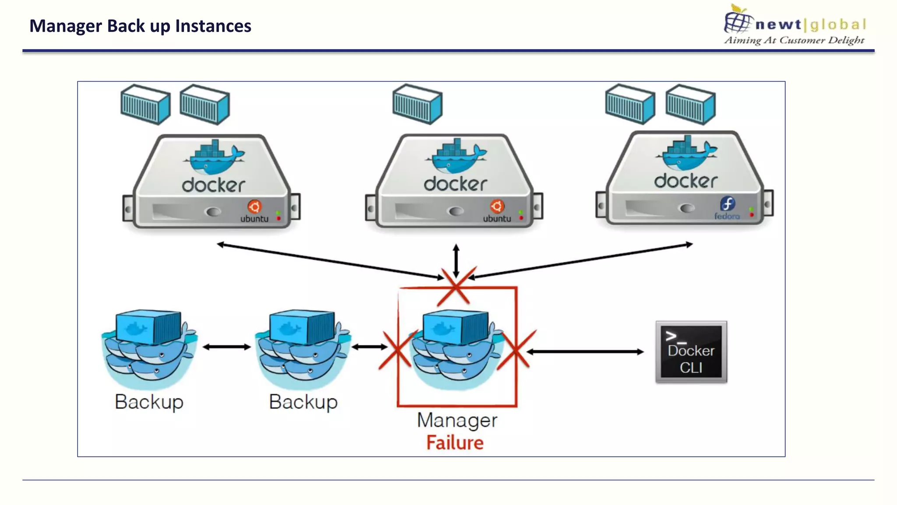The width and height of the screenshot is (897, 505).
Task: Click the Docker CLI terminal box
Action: point(691,352)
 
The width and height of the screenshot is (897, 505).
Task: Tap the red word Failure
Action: point(455,443)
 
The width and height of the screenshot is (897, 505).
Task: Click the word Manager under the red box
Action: point(457,421)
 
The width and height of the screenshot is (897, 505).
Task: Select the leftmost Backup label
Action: point(149,402)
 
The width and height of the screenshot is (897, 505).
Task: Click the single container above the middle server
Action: point(417,104)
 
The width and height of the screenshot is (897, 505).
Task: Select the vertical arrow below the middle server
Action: point(456,260)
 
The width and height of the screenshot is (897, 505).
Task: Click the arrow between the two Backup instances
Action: point(226,347)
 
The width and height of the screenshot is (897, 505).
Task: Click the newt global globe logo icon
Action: point(738,20)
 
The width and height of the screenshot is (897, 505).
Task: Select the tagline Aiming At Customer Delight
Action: point(794,40)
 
